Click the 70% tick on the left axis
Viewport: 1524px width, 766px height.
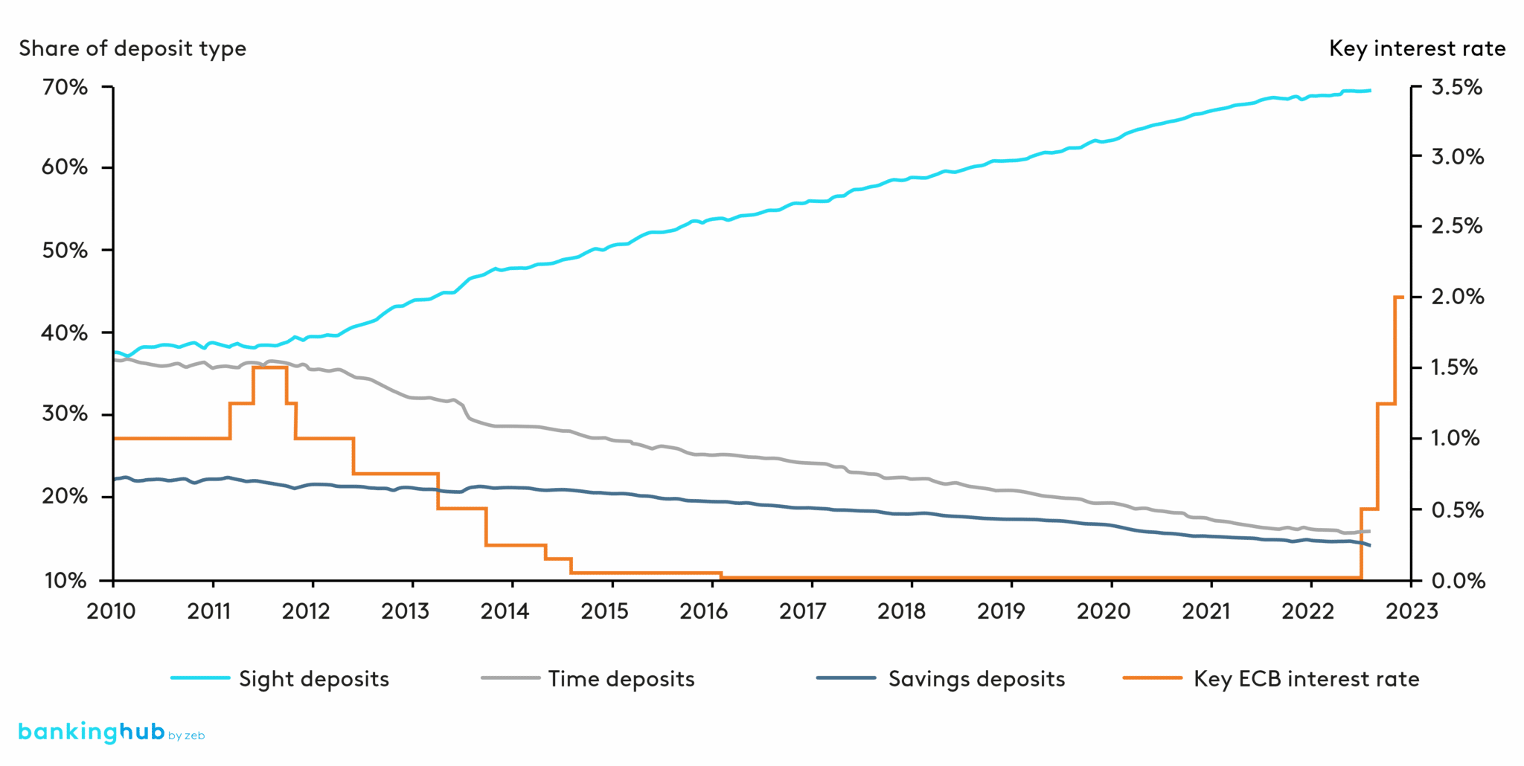(x=65, y=88)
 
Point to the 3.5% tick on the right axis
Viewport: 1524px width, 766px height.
(x=1456, y=88)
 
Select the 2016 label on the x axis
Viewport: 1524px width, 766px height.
(x=703, y=611)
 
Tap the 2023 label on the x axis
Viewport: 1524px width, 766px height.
(x=1412, y=611)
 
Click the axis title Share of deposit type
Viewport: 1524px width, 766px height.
(x=132, y=49)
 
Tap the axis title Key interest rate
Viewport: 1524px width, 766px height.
(x=1417, y=49)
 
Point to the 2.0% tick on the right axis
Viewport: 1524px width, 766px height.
(x=1456, y=297)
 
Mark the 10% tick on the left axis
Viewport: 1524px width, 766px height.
(x=65, y=581)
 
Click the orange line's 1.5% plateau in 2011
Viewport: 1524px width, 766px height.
(x=270, y=367)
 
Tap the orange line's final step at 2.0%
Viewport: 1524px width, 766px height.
(x=1399, y=297)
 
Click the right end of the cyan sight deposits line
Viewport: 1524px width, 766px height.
(x=1369, y=91)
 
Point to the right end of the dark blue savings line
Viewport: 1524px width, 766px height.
(x=1369, y=545)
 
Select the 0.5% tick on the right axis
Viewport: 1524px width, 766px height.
(x=1456, y=510)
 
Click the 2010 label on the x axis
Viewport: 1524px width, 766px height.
(x=112, y=611)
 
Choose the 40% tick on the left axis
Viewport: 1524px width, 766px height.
(x=65, y=333)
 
